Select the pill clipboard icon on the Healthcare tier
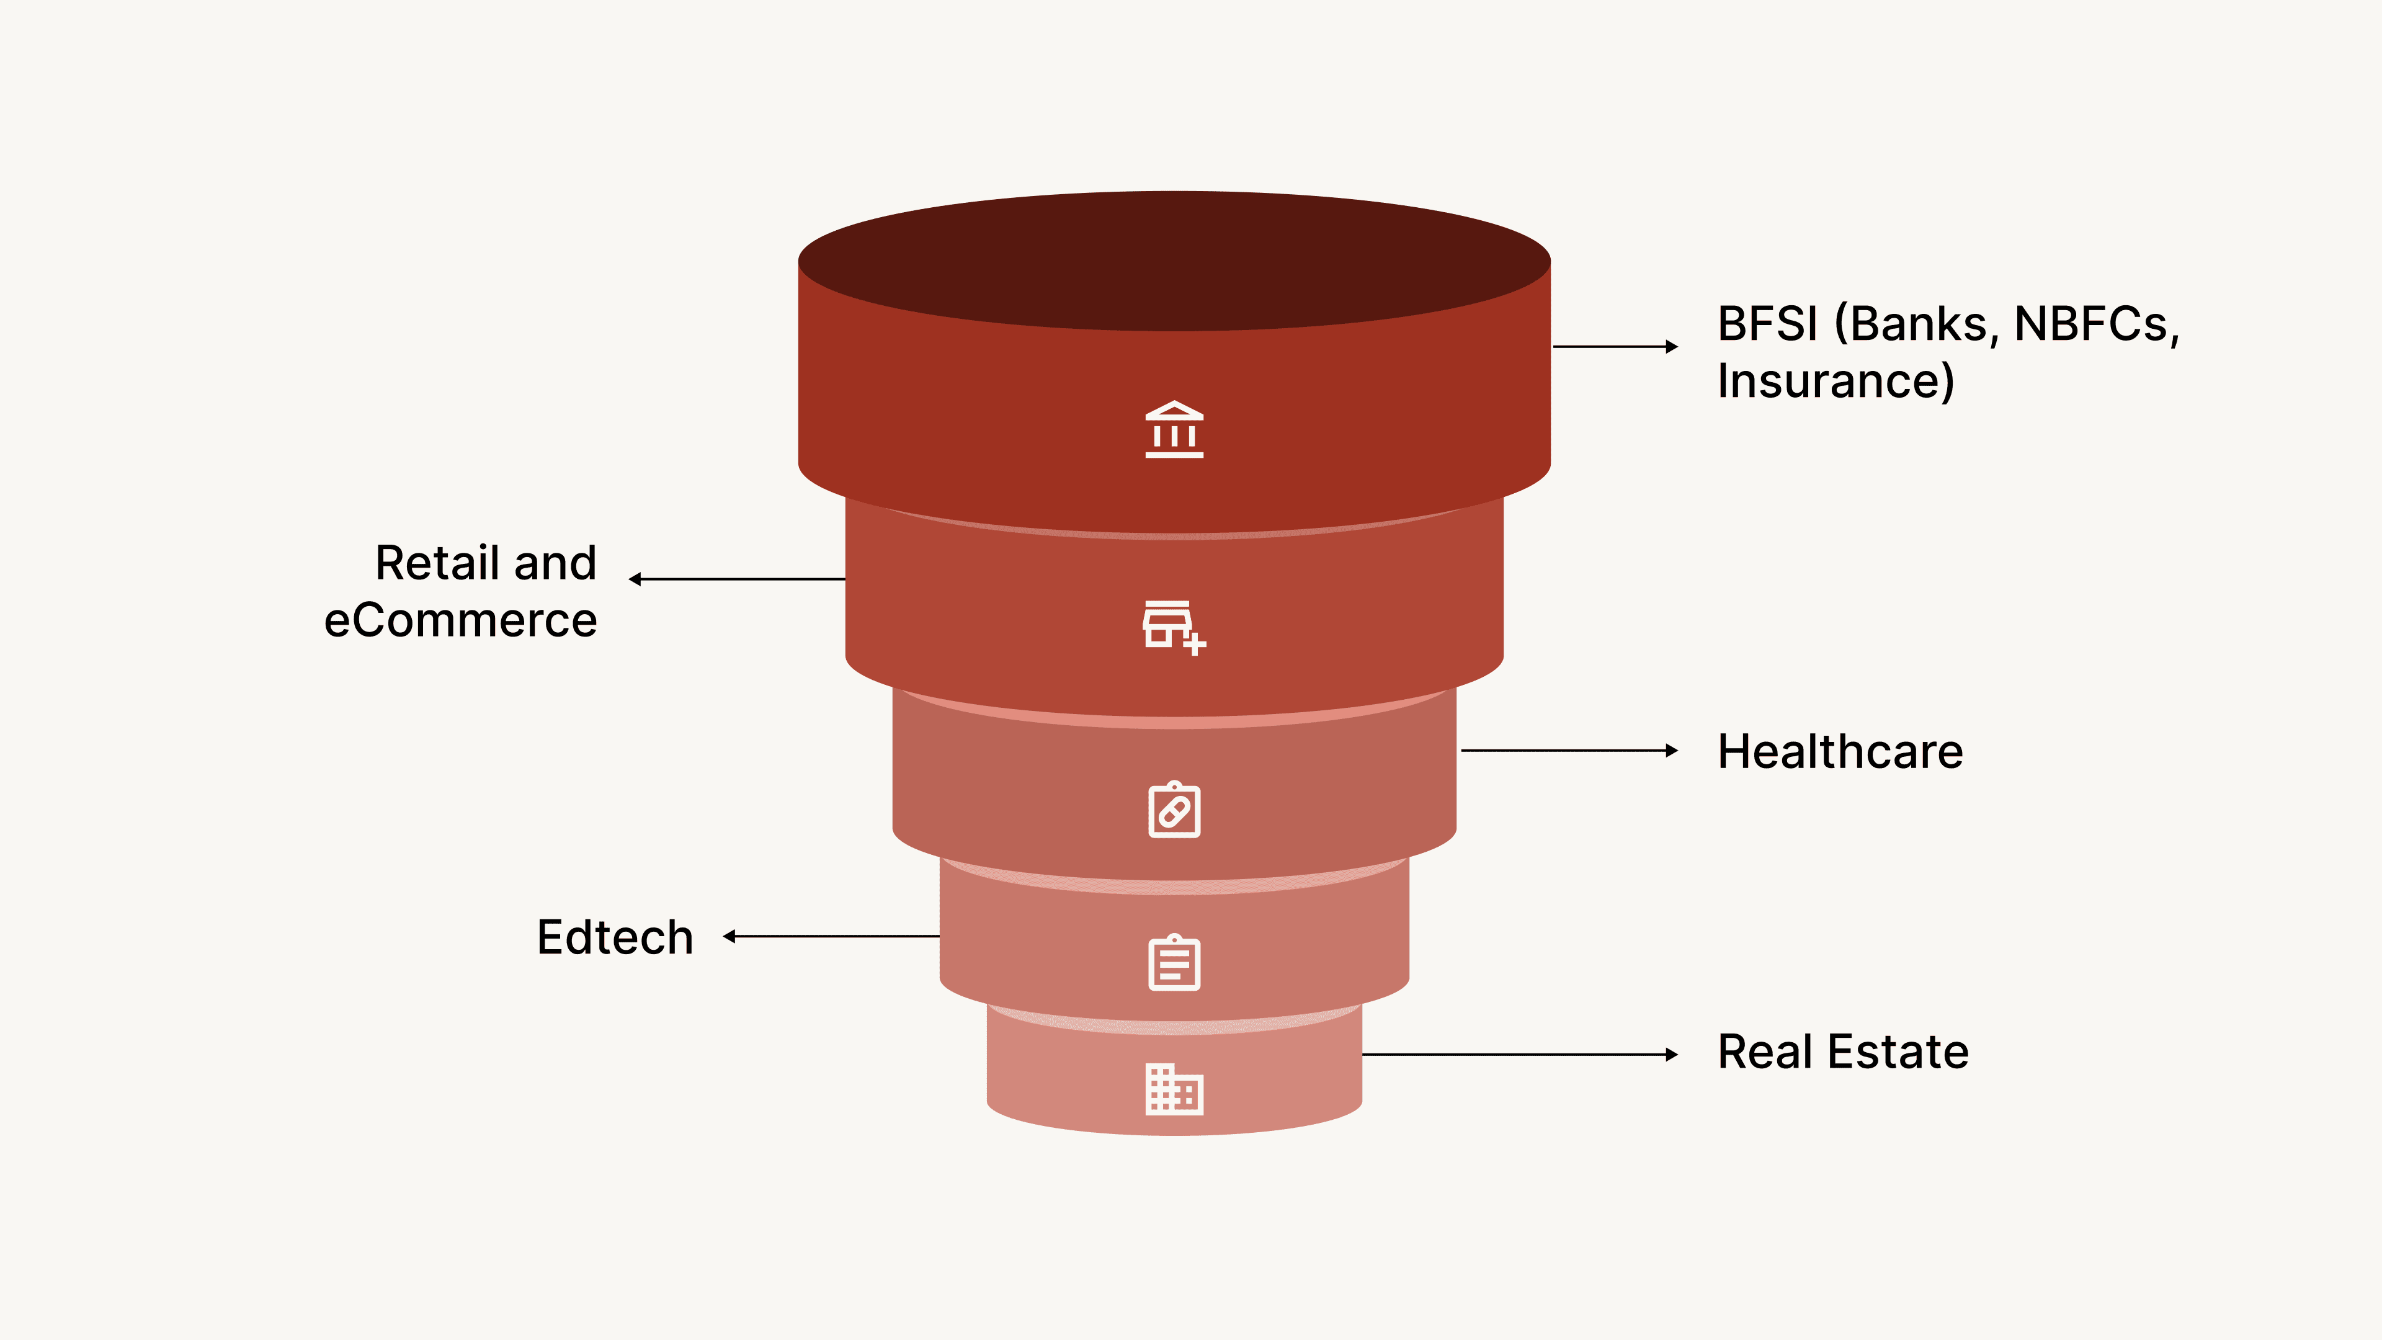pos(1174,810)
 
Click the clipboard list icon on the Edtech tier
pos(1174,963)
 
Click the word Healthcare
pos(1840,751)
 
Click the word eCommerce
pos(460,620)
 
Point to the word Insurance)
pos(1836,381)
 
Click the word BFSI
pos(1767,324)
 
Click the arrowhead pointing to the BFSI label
pos(1672,347)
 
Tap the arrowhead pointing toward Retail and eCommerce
pos(635,579)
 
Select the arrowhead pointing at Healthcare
pos(1672,751)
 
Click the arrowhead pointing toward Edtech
pos(729,937)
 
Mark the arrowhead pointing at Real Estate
pos(1672,1054)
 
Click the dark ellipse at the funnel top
pos(1174,261)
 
